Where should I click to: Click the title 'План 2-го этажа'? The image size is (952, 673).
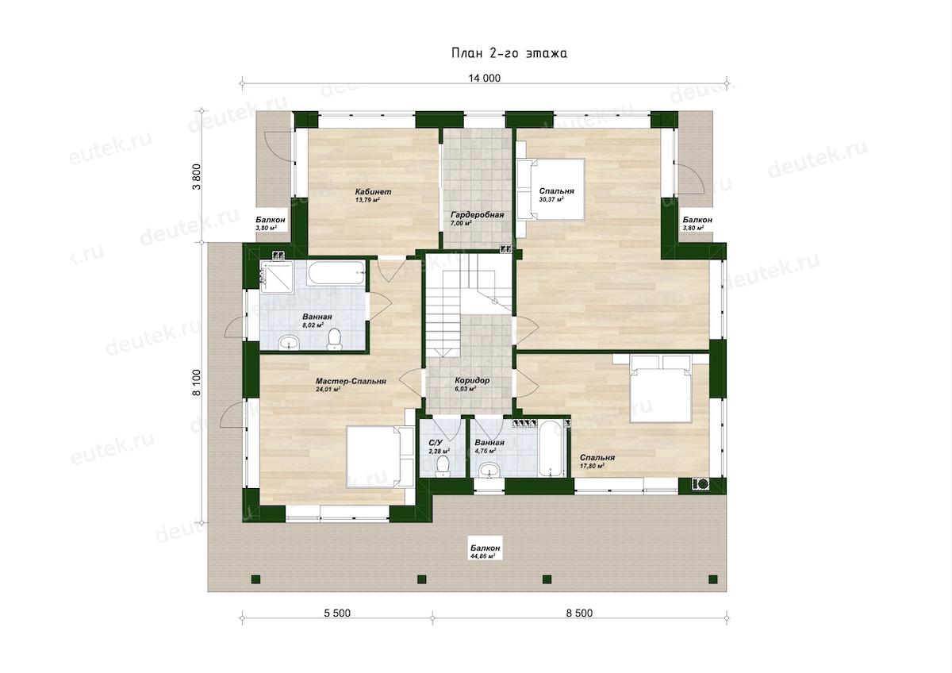pyautogui.click(x=509, y=53)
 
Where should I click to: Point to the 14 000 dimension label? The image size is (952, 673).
pyautogui.click(x=485, y=79)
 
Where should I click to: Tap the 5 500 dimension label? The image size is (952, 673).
pyautogui.click(x=337, y=613)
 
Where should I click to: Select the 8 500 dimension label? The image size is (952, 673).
pyautogui.click(x=579, y=613)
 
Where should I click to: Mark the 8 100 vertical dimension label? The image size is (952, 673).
pyautogui.click(x=197, y=383)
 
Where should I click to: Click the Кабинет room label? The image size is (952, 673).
pyautogui.click(x=373, y=192)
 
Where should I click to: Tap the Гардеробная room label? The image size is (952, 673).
pyautogui.click(x=478, y=215)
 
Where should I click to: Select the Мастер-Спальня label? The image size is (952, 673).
pyautogui.click(x=351, y=382)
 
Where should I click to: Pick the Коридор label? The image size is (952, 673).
pyautogui.click(x=472, y=380)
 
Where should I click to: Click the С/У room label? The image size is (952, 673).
pyautogui.click(x=436, y=443)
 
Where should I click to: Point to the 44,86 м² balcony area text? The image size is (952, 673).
pyautogui.click(x=484, y=556)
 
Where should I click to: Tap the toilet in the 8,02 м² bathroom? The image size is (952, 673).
pyautogui.click(x=335, y=339)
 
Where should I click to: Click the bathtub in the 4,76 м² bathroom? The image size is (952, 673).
pyautogui.click(x=551, y=448)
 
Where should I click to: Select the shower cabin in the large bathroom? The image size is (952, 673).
pyautogui.click(x=277, y=277)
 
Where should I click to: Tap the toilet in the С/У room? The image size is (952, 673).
pyautogui.click(x=443, y=466)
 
